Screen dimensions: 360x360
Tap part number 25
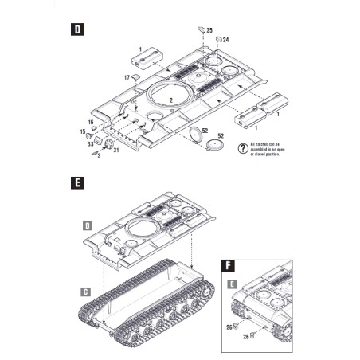(209, 30)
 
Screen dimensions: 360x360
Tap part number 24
(225, 40)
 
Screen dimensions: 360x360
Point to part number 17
(126, 78)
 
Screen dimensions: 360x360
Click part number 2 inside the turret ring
(170, 100)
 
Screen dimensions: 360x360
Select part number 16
(91, 122)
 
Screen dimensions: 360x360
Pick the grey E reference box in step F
(229, 284)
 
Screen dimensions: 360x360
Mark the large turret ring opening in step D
(169, 94)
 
